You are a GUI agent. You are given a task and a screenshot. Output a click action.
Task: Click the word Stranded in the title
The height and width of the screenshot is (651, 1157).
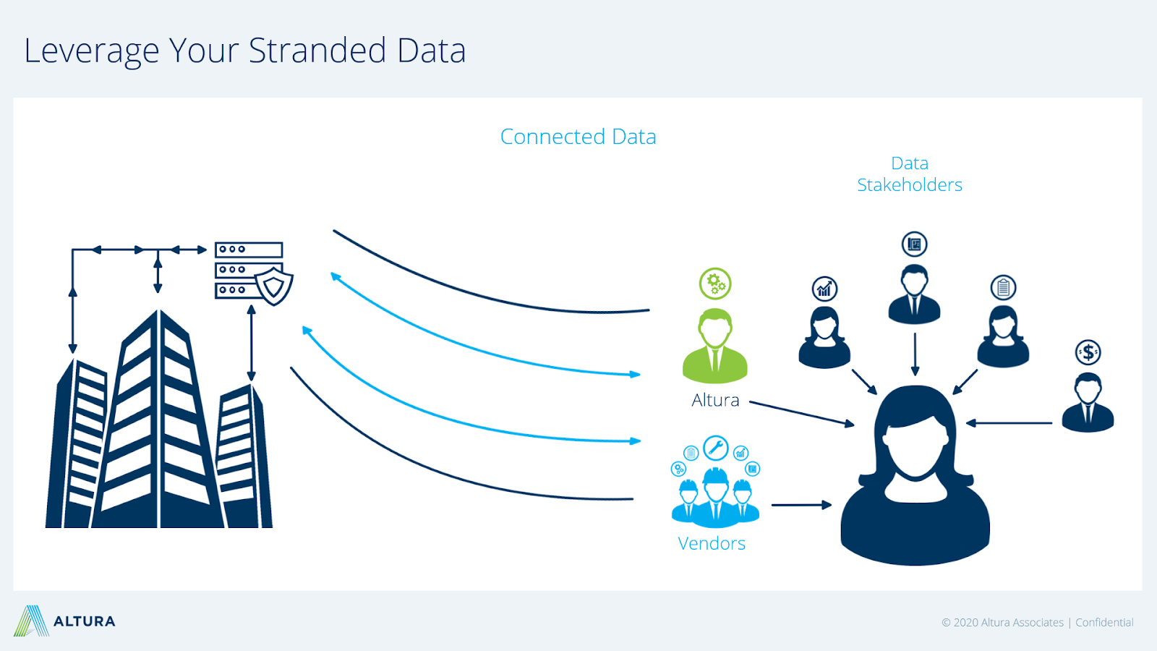317,51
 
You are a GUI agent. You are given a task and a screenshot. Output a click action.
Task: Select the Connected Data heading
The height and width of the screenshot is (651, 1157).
578,137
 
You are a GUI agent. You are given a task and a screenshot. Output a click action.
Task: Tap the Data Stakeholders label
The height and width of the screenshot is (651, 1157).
910,174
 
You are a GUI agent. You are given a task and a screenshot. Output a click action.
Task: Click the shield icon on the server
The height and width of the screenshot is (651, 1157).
274,286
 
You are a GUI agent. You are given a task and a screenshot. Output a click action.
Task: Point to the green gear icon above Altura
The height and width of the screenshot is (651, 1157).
715,284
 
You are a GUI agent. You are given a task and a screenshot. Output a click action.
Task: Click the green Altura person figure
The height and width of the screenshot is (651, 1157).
715,346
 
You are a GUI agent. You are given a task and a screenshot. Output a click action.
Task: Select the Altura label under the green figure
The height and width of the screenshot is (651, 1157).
715,400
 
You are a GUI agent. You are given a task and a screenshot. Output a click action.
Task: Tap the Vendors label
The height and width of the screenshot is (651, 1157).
712,543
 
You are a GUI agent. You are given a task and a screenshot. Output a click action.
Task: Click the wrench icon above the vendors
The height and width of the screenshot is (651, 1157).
715,448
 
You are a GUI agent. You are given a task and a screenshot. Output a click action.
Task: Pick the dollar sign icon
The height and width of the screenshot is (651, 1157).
1088,353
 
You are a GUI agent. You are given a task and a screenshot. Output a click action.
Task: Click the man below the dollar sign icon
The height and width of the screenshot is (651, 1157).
1088,402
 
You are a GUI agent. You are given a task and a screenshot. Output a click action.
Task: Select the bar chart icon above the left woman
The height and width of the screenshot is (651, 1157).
824,289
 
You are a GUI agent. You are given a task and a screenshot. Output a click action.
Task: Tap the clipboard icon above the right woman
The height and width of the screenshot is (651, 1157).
1003,288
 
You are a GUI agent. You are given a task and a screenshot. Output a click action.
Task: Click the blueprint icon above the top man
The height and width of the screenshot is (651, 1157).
914,244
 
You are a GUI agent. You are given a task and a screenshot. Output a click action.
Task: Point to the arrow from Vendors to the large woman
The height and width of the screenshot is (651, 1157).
802,505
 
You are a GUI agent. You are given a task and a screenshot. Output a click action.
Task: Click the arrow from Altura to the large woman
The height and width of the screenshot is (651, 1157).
802,413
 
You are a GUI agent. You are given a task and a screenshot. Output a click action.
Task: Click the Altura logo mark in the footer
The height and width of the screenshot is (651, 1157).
32,621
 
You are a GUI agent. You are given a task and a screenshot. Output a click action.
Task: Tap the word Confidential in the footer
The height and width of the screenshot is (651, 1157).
1104,623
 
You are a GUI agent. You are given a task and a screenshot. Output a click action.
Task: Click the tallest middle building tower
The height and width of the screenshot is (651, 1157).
159,419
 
